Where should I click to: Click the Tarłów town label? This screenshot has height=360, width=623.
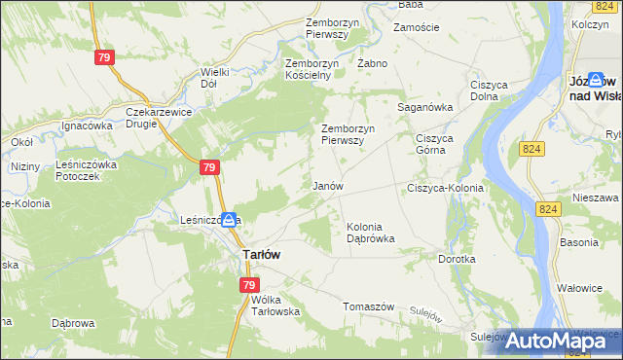(x=261, y=254)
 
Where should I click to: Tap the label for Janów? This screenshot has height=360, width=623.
(x=328, y=185)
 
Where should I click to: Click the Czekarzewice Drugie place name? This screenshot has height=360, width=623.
(x=161, y=118)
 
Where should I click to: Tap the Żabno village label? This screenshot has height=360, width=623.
(x=373, y=63)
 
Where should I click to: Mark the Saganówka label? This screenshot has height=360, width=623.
(x=425, y=107)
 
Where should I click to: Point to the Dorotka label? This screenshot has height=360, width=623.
(x=457, y=260)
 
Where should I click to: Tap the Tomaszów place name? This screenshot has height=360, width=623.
(x=368, y=306)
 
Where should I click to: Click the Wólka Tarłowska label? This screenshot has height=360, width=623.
(x=270, y=306)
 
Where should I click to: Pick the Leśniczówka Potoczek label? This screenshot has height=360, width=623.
(x=89, y=170)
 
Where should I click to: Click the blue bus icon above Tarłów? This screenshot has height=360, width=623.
(x=229, y=221)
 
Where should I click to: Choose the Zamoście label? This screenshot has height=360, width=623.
(x=416, y=28)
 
